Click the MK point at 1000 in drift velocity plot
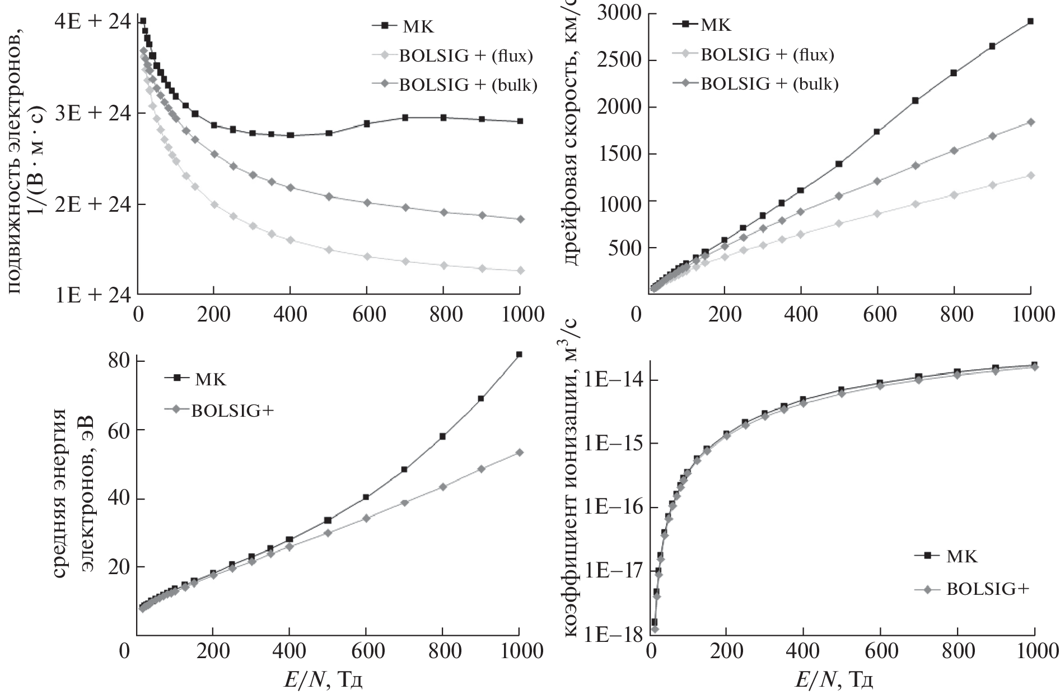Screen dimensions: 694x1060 coord(1030,21)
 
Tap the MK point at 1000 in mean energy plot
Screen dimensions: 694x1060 coord(519,355)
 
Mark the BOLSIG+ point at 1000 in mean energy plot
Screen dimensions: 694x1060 coord(519,452)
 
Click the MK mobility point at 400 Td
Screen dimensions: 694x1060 coord(290,135)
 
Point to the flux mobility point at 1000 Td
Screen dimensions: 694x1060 coord(520,271)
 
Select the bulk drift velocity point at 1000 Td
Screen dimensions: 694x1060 coord(1030,122)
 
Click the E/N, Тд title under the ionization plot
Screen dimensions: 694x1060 coord(834,680)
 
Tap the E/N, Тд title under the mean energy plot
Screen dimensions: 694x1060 coord(322,680)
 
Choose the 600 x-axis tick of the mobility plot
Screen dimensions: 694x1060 coord(366,315)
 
